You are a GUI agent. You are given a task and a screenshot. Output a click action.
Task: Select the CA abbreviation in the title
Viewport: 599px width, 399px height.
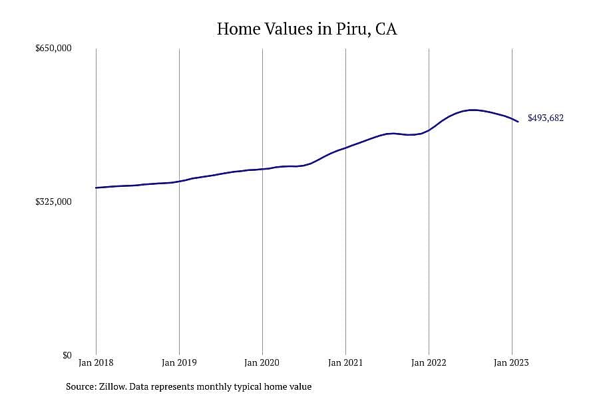(x=386, y=29)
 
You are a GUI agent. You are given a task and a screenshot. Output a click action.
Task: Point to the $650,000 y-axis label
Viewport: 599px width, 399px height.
(x=53, y=48)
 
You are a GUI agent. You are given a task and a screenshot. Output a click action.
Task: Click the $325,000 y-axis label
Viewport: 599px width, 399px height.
(x=53, y=201)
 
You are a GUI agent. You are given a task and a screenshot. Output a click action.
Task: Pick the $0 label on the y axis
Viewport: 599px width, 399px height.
(x=67, y=355)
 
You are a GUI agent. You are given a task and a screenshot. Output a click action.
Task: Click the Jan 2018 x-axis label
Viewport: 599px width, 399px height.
(x=96, y=362)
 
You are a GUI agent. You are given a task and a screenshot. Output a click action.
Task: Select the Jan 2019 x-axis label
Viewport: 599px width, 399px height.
(x=179, y=362)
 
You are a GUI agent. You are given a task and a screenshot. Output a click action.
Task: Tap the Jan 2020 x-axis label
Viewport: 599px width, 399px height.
(x=262, y=362)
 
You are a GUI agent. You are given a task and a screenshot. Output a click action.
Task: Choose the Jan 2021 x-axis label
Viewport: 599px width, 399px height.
(x=345, y=362)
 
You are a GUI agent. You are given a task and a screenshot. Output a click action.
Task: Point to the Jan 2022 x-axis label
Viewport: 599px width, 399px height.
(x=429, y=362)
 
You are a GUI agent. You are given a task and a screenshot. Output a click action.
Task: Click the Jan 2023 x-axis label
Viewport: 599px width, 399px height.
(x=512, y=362)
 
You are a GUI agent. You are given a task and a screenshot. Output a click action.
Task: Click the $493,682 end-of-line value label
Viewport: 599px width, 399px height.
(x=546, y=118)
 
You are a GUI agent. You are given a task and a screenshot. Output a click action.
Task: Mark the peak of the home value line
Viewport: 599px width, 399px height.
(x=473, y=110)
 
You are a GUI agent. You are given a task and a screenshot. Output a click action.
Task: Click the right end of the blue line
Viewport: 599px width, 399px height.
(x=518, y=122)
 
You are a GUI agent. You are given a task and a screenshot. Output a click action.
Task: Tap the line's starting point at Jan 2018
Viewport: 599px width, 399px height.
(x=96, y=188)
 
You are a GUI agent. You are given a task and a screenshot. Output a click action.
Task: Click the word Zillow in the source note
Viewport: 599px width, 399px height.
(x=112, y=386)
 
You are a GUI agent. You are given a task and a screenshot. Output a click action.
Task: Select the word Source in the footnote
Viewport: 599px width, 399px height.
(x=81, y=386)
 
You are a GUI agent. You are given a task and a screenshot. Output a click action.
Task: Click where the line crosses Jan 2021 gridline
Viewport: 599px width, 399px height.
(x=345, y=148)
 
